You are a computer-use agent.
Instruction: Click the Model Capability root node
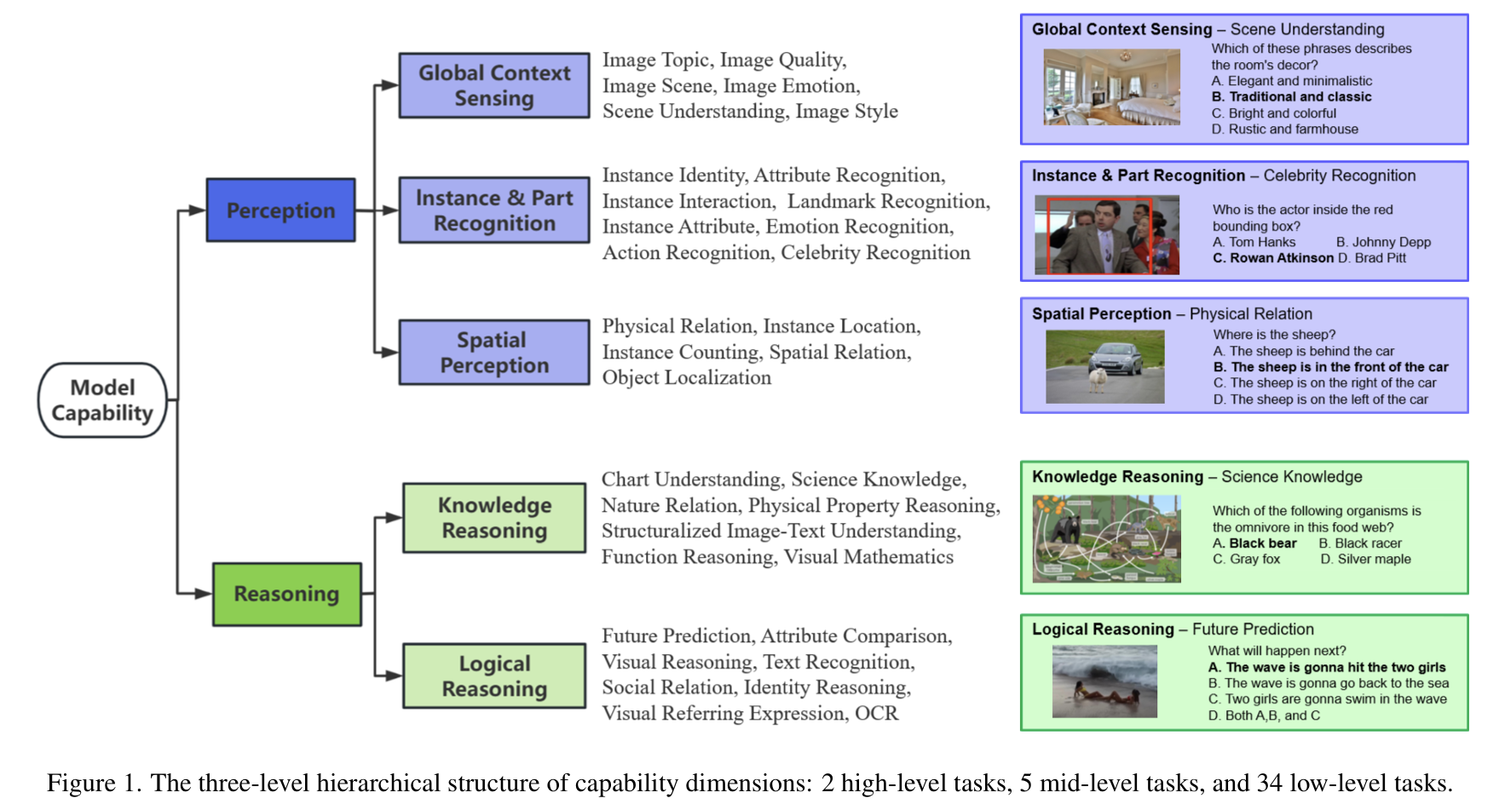(102, 400)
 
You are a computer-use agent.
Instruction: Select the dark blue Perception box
(280, 210)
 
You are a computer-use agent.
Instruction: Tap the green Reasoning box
(286, 594)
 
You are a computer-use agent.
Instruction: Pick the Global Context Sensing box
(494, 85)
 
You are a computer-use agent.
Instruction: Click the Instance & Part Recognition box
(494, 210)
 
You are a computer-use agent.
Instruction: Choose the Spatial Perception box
(494, 353)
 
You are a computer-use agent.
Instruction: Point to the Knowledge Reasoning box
(494, 518)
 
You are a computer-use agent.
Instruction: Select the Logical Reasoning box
(494, 676)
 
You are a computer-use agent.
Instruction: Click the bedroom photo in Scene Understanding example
(1111, 87)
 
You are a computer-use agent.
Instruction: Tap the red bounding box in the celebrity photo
(1099, 236)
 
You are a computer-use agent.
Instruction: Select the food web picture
(1106, 538)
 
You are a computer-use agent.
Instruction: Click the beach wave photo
(1104, 681)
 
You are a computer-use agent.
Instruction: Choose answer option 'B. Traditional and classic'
(1291, 97)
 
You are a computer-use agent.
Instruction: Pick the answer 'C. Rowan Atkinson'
(1273, 258)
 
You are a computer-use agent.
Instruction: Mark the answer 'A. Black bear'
(1254, 543)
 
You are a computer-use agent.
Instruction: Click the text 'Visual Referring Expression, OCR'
(750, 714)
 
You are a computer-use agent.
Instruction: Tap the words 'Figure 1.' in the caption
(93, 784)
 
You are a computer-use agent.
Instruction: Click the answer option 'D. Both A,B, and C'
(1264, 715)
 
